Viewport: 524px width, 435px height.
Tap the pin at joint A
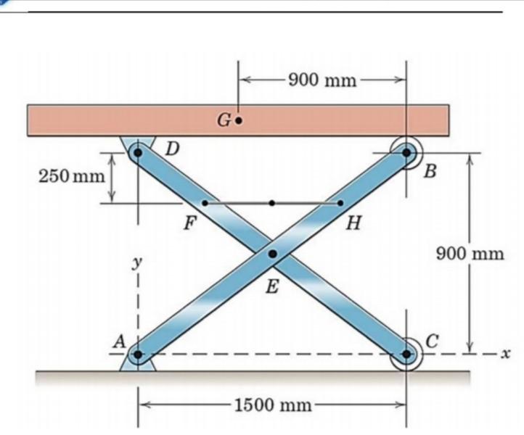pos(138,355)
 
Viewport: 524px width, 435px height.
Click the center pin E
pos(272,254)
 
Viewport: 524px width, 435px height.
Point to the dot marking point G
pos(239,122)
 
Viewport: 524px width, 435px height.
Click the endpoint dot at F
pos(205,203)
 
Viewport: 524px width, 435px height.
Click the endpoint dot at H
pos(340,203)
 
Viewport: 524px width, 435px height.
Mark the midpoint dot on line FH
pos(272,203)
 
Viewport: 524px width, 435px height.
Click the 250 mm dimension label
pos(62,175)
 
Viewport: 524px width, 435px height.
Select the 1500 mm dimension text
pos(272,404)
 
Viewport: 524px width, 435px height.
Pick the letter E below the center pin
pos(272,287)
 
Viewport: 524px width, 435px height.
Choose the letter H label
pos(353,222)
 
